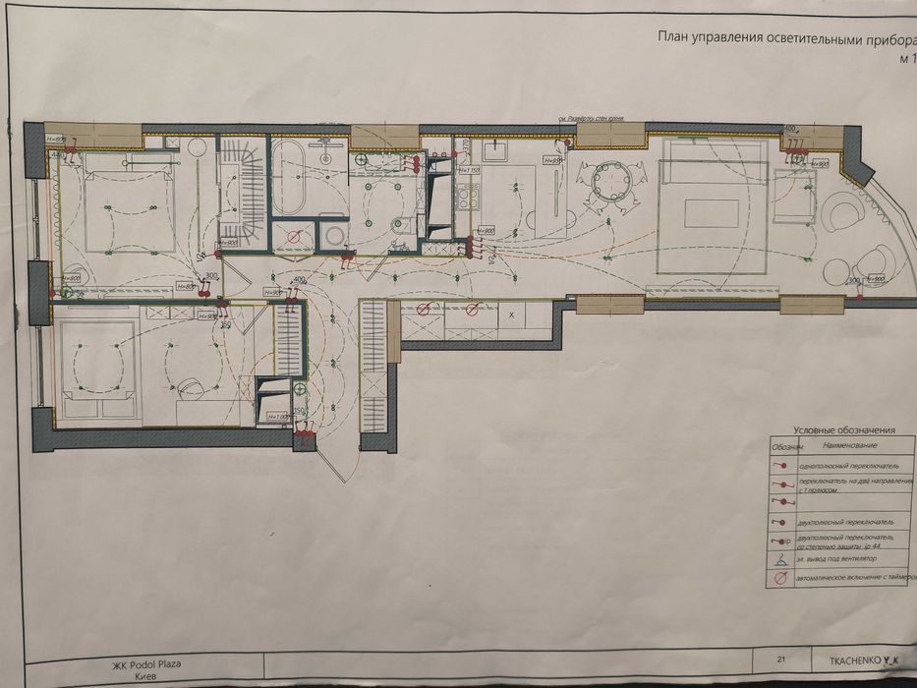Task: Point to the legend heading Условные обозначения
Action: tap(843, 430)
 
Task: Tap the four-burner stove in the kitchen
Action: tap(466, 197)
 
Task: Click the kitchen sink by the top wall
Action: tap(492, 150)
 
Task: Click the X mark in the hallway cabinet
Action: tap(511, 315)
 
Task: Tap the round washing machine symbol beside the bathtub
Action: tap(334, 235)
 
